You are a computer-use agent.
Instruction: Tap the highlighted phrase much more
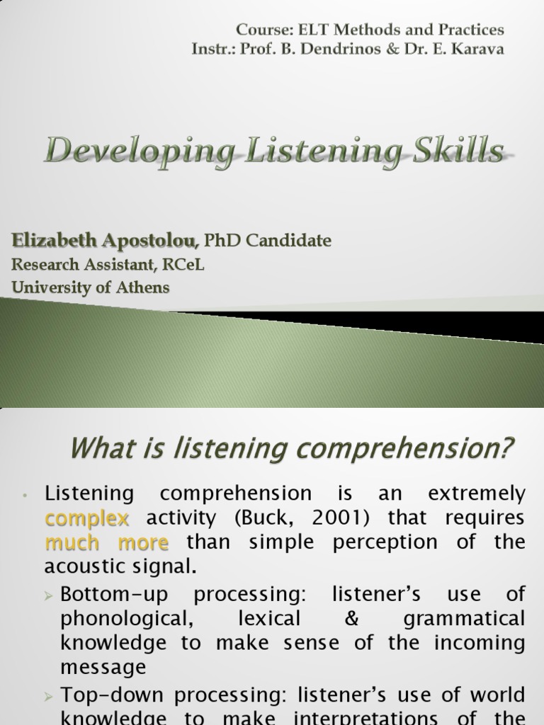click(106, 542)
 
